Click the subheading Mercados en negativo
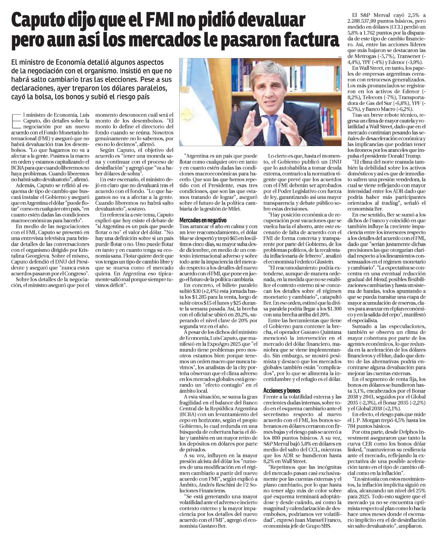pyautogui.click(x=203, y=220)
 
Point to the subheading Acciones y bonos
pyautogui.click(x=282, y=391)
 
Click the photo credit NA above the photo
pyautogui.click(x=339, y=57)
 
